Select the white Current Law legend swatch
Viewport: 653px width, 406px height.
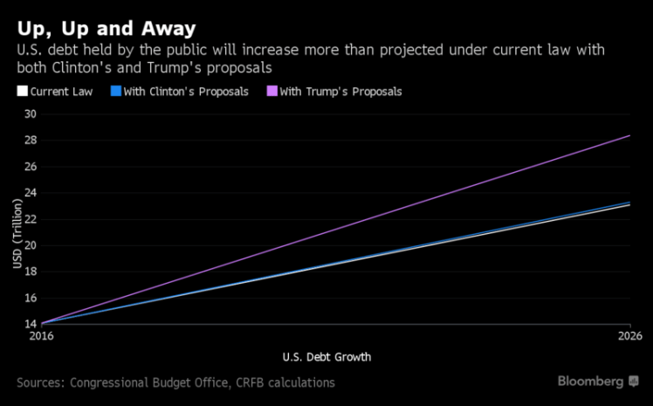coord(22,91)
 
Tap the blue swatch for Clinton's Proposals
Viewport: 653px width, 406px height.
coord(115,91)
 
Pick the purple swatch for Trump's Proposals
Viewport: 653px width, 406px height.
coord(272,91)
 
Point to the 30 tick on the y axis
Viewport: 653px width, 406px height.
coord(31,114)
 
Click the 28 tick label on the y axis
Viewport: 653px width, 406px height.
coord(31,140)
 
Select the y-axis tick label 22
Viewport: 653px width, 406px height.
coord(31,218)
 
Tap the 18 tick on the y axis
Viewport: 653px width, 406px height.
coord(31,272)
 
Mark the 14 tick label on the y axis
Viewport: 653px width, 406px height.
coord(31,324)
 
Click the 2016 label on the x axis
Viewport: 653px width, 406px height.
coord(41,335)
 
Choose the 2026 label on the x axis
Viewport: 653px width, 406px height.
coord(629,335)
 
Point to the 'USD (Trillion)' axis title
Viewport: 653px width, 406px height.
coord(17,237)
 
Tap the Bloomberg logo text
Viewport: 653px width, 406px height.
coord(591,382)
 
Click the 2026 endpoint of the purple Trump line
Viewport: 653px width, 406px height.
coord(629,135)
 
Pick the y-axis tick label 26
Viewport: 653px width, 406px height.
coord(31,166)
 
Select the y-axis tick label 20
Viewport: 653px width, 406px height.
coord(31,245)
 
